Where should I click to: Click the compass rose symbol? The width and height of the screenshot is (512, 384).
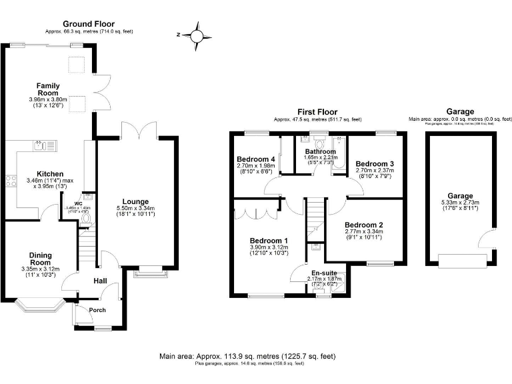(197, 33)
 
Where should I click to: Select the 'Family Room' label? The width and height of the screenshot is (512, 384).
(49, 89)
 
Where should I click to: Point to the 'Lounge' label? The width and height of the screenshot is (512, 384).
(135, 201)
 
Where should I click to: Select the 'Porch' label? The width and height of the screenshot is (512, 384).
(97, 310)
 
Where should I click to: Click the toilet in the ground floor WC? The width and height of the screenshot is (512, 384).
(85, 217)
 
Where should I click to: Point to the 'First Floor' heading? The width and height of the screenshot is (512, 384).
(317, 112)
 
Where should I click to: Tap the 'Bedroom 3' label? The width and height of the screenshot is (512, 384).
(373, 163)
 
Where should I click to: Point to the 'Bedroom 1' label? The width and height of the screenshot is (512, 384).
(269, 240)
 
